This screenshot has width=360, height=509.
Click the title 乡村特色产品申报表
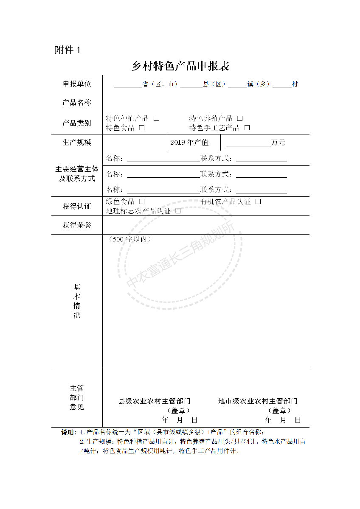[x=180, y=66]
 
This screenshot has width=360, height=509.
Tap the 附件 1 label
[x=67, y=50]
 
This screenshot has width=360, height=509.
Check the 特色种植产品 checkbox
[x=156, y=118]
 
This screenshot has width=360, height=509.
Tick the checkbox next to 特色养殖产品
[x=240, y=118]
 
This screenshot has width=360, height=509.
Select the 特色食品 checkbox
[x=142, y=127]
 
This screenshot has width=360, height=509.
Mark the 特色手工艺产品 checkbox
[x=247, y=127]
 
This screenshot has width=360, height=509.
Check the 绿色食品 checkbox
[x=142, y=201]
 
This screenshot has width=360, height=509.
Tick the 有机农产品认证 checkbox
[x=258, y=201]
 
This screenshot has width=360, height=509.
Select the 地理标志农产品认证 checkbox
[x=178, y=210]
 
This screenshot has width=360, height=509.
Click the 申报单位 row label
[x=77, y=84]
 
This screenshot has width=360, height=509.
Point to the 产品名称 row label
[x=77, y=103]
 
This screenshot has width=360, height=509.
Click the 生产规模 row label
[x=77, y=143]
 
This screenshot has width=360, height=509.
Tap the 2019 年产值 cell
[x=189, y=143]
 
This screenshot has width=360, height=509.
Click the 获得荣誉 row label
[x=77, y=225]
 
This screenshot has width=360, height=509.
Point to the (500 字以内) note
[x=130, y=240]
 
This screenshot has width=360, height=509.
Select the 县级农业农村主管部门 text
[x=154, y=401]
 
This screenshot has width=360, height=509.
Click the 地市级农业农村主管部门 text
[x=258, y=401]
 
